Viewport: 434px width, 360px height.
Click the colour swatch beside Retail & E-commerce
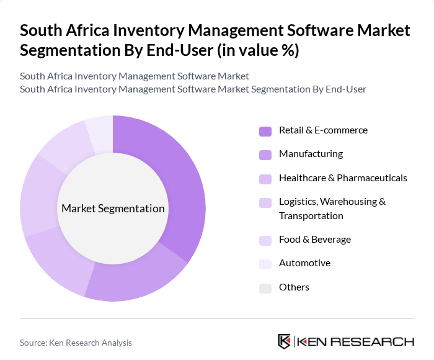[x=265, y=131]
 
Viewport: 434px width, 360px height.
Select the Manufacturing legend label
[x=311, y=154]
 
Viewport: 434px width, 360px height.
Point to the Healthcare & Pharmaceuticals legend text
[x=343, y=178]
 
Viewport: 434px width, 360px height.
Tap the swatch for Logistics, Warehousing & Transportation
[x=265, y=202]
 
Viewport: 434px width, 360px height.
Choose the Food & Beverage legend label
[x=315, y=240]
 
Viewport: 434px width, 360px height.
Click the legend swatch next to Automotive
[x=265, y=264]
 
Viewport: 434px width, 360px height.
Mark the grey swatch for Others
[x=265, y=288]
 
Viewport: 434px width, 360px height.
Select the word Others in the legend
[x=294, y=287]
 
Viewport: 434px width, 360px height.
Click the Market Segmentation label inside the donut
[x=113, y=209]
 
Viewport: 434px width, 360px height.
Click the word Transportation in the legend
[x=311, y=216]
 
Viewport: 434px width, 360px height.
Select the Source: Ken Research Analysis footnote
[x=76, y=343]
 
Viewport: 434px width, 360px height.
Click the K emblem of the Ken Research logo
[x=285, y=341]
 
